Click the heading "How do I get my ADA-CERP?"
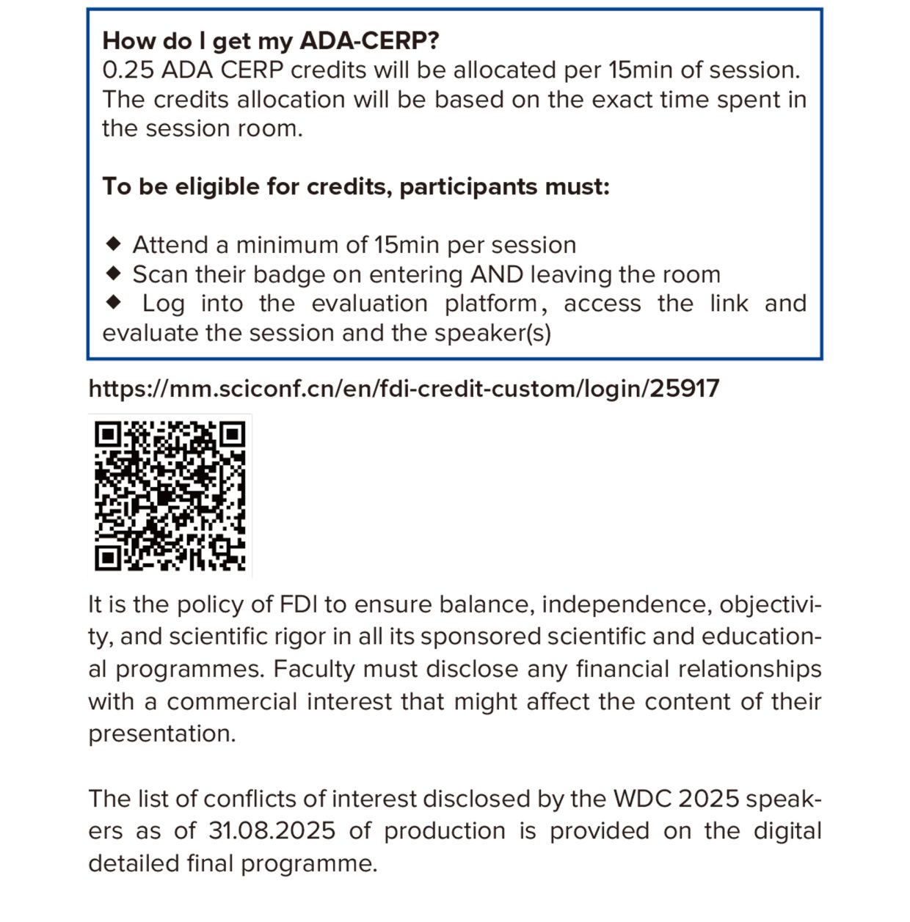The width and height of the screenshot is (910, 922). (271, 40)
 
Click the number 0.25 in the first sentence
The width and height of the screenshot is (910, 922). (128, 70)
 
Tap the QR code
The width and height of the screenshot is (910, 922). (170, 496)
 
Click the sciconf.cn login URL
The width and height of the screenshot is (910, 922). (404, 388)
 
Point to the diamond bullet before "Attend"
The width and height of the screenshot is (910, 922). (114, 243)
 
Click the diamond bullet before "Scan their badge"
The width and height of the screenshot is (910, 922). (114, 273)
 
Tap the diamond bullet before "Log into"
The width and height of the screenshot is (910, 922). (114, 301)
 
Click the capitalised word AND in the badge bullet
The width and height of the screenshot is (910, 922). (496, 274)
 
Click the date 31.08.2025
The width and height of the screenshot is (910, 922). (272, 831)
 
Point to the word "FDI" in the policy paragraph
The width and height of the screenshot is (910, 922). (298, 604)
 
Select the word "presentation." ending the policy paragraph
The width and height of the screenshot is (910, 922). (162, 734)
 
